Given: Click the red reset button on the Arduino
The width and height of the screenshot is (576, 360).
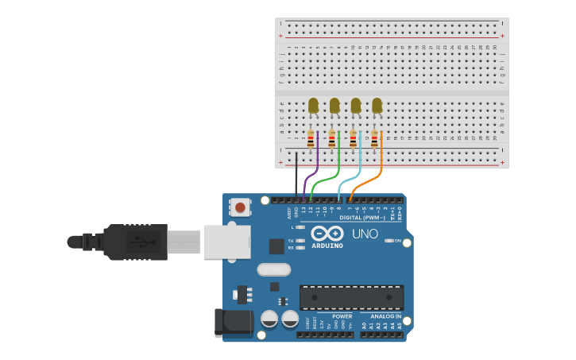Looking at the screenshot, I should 240,208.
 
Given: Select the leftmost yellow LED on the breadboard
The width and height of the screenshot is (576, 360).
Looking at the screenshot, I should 313,105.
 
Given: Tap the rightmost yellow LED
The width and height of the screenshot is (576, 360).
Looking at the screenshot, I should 377,105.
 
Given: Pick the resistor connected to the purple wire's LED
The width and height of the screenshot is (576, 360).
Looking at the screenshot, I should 311,140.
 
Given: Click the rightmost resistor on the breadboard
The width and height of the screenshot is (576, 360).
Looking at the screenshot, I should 374,140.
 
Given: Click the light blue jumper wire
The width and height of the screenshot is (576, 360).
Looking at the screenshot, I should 350,180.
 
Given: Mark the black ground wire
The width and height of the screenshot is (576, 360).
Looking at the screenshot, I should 296,175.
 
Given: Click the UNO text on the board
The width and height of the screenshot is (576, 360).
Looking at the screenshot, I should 365,234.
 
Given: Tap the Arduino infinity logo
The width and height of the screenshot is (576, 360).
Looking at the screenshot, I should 327,234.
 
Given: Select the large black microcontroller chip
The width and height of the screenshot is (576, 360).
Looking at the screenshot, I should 351,297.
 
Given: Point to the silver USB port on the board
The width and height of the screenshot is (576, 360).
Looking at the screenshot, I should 227,242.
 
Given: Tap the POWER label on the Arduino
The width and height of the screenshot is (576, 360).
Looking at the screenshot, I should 342,316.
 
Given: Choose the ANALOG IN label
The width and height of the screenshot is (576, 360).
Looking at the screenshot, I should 385,316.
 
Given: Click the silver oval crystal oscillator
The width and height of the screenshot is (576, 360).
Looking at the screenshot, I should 273,269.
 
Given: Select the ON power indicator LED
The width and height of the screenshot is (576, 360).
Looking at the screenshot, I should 389,240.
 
